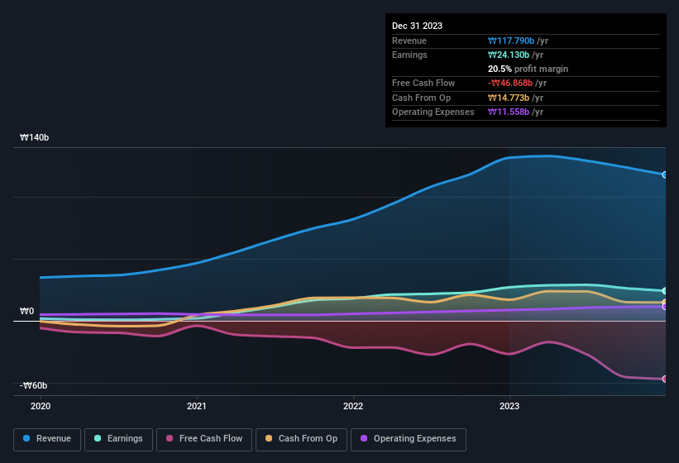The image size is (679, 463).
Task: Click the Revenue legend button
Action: click(x=47, y=439)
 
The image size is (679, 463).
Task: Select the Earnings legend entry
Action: click(x=119, y=439)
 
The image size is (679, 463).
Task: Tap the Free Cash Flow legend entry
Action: click(x=204, y=439)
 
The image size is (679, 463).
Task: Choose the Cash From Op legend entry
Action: click(x=301, y=439)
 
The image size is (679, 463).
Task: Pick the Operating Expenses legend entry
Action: click(x=408, y=439)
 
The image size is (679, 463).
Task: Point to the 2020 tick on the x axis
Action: click(x=41, y=406)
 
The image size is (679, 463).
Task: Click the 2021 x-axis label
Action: click(x=197, y=406)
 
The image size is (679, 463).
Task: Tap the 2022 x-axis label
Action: click(x=353, y=406)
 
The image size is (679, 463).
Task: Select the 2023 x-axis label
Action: click(x=509, y=406)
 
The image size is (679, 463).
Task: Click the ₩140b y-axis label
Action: click(x=35, y=138)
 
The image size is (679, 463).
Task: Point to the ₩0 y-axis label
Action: click(x=27, y=312)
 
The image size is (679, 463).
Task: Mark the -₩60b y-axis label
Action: click(x=34, y=385)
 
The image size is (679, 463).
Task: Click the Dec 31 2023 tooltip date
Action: click(x=417, y=26)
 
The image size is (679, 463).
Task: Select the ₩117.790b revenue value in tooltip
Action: click(x=516, y=41)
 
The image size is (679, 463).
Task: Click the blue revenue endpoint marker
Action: click(x=664, y=174)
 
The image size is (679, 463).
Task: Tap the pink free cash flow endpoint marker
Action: click(x=664, y=379)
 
